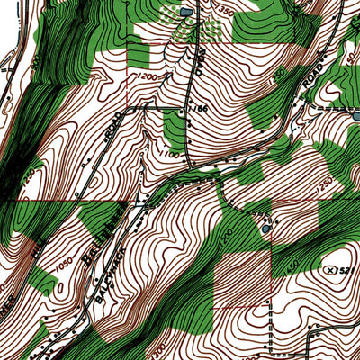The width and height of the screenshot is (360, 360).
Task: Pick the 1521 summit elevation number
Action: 346,268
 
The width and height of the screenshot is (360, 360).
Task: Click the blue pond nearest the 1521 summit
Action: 265,228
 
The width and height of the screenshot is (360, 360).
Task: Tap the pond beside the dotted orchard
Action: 185,12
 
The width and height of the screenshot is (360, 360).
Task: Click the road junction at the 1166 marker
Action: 187,109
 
